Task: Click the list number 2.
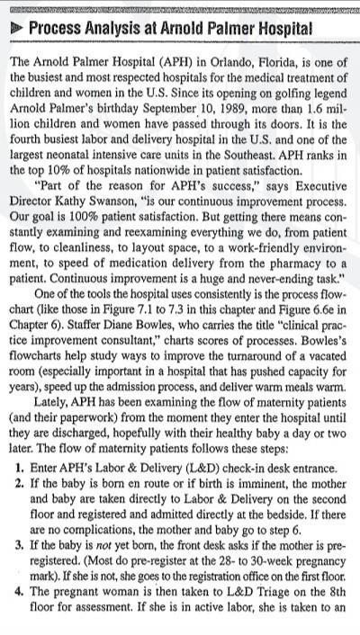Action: pos(20,482)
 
